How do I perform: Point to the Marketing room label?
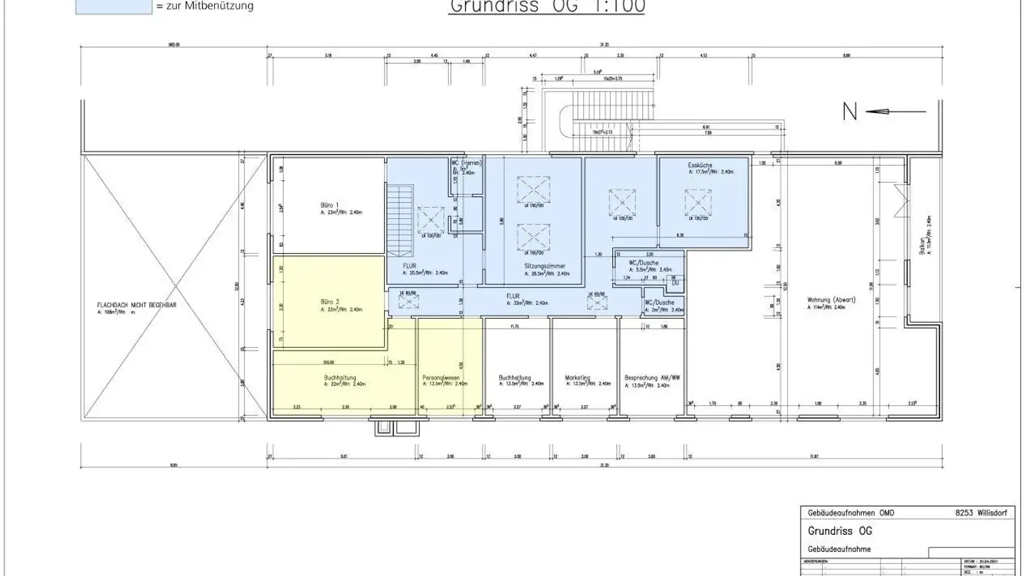[x=577, y=378]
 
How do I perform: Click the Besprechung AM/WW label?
[x=652, y=378]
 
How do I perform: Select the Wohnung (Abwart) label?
[x=831, y=299]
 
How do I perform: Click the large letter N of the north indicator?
[x=849, y=112]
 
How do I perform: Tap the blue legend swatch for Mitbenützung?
[x=113, y=6]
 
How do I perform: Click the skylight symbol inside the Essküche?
[x=698, y=203]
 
